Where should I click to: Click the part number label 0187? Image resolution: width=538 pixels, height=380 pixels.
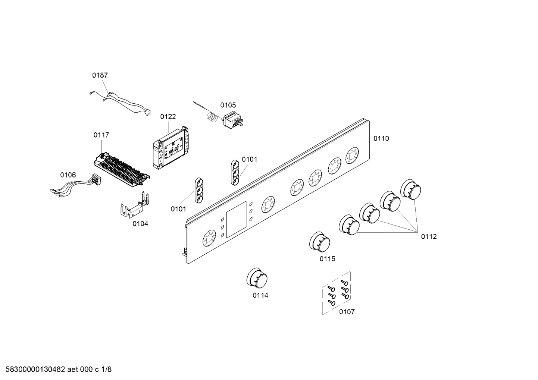(100, 75)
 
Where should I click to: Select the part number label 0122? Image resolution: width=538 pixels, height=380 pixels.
(168, 117)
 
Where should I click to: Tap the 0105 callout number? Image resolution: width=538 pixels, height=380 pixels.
(228, 105)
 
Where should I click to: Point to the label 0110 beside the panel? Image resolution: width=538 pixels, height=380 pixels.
(381, 139)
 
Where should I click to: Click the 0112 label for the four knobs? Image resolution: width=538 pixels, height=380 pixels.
(429, 236)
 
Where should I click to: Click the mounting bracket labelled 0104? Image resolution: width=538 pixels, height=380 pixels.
(134, 208)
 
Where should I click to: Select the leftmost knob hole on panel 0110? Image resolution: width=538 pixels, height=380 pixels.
(209, 238)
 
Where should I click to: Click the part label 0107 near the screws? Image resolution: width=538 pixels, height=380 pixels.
(347, 312)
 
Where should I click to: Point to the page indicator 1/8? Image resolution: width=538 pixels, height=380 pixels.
(106, 370)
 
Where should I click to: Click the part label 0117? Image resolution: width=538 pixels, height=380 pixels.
(101, 135)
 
